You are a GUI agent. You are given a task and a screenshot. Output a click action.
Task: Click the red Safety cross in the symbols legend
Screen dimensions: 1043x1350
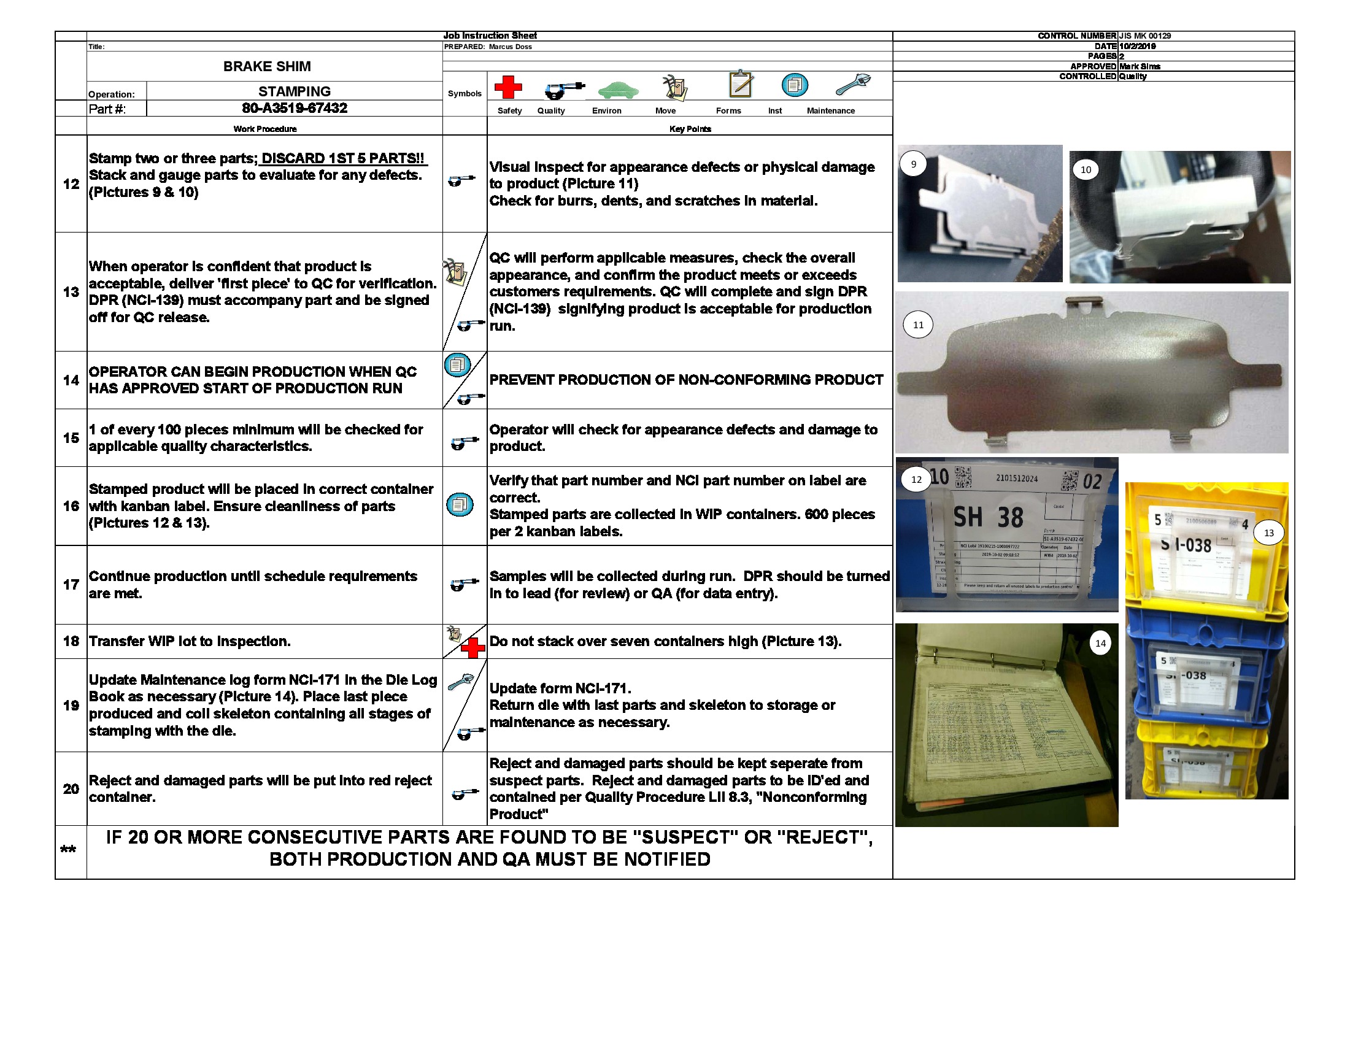(508, 87)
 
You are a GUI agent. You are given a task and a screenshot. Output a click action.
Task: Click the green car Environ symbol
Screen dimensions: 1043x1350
(617, 90)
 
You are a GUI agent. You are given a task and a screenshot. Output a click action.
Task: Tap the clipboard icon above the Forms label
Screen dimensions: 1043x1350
(740, 84)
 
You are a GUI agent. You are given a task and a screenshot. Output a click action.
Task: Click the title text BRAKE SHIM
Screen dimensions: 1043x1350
(267, 66)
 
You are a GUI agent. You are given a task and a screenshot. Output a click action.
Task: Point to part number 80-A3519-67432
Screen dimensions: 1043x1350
(294, 108)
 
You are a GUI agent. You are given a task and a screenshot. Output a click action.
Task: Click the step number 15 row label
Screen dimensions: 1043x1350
(71, 437)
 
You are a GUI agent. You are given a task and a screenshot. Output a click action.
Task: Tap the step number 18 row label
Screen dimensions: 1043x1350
(71, 641)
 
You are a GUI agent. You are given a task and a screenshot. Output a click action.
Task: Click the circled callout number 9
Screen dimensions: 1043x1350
(913, 164)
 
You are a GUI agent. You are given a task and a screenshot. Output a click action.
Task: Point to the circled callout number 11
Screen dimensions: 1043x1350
(918, 325)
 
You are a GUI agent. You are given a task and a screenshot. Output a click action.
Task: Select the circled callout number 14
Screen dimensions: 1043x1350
(1100, 643)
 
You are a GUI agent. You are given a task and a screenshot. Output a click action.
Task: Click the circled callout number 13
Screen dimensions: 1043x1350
(1268, 533)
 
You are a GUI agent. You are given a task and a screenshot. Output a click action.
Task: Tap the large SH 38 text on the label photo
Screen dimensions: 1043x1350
(988, 517)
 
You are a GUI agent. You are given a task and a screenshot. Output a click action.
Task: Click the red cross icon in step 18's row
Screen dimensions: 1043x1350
(473, 648)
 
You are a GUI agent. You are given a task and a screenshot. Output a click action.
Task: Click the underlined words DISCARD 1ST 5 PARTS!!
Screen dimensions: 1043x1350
(342, 158)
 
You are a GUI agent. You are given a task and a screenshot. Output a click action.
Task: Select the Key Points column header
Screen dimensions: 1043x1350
(690, 128)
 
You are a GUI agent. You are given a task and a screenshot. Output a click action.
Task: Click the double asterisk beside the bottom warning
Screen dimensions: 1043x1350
(68, 850)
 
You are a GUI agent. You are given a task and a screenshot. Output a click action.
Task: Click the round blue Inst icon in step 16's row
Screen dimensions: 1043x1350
(460, 505)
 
